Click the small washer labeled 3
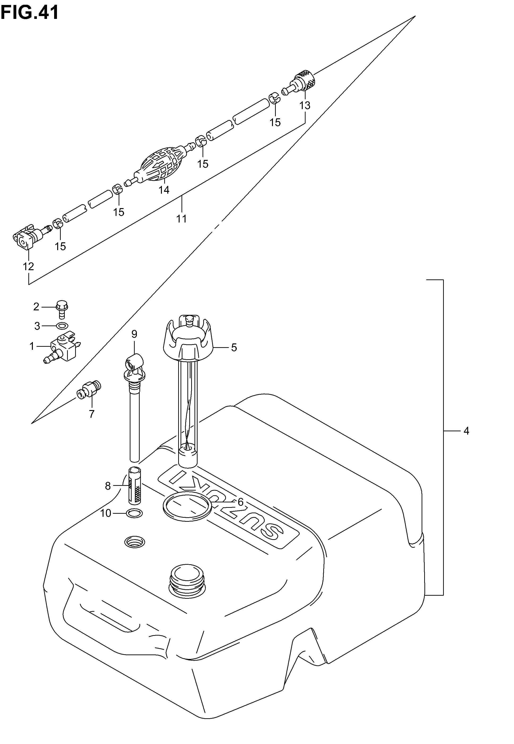pyautogui.click(x=62, y=326)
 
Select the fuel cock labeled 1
pyautogui.click(x=62, y=348)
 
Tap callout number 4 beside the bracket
pyautogui.click(x=466, y=431)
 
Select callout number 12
pyautogui.click(x=28, y=266)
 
